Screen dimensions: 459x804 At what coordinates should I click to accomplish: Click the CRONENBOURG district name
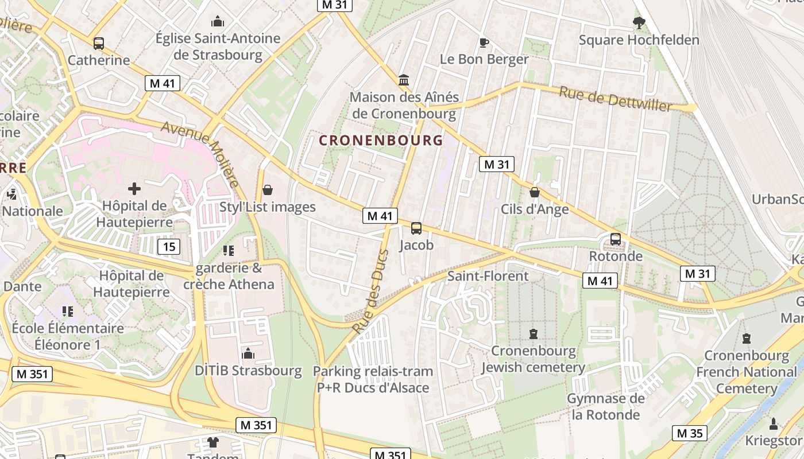coord(381,140)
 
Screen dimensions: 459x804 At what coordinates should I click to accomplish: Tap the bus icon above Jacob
coord(416,228)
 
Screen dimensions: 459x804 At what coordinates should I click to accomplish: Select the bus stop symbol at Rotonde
coord(616,239)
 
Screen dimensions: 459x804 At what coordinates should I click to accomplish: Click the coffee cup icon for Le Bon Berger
coord(484,42)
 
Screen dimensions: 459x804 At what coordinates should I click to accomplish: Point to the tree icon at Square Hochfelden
coord(639,23)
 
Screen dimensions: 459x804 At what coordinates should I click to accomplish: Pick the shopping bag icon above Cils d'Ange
coord(535,192)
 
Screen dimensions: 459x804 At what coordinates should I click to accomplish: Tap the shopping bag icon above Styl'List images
coord(268,190)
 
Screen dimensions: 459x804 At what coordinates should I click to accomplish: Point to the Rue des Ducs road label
coord(370,293)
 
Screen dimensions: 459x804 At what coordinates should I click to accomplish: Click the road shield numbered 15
coord(168,247)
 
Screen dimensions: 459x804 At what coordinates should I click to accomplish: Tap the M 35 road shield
coord(690,433)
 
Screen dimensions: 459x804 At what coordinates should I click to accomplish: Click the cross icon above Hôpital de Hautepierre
coord(134,188)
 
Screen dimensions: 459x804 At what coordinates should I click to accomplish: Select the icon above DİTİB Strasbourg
coord(248,353)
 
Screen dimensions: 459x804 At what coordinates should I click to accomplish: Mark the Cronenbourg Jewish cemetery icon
coord(534,333)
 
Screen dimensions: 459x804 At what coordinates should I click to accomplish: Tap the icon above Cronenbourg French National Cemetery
coord(746,339)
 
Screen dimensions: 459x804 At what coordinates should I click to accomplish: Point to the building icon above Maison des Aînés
coord(404,80)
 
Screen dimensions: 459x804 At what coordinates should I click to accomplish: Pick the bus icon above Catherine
coord(99,43)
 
